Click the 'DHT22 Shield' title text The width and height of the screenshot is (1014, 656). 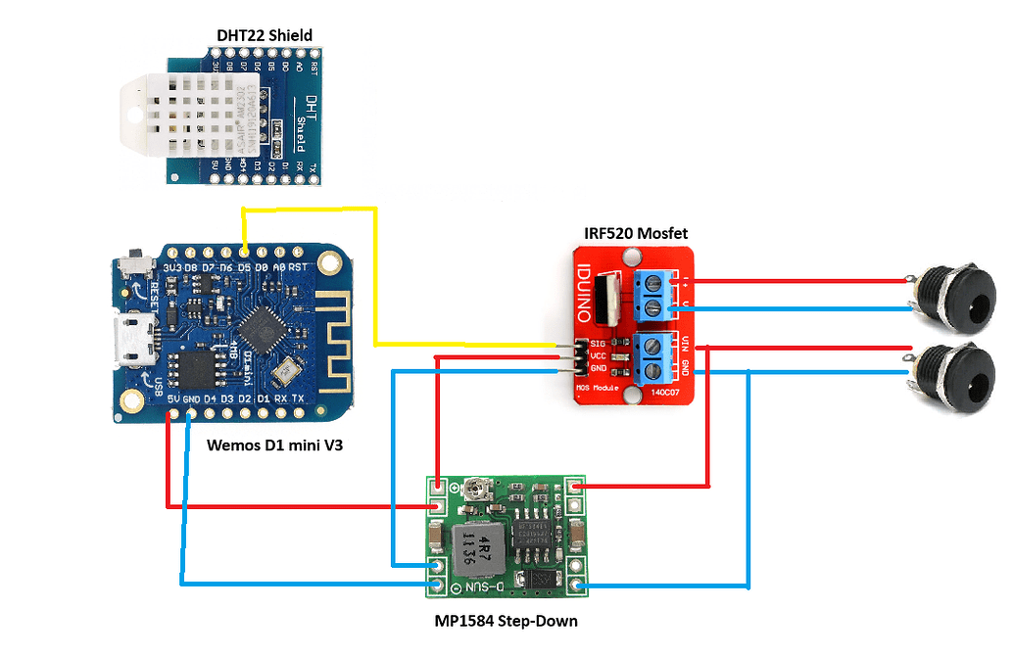pyautogui.click(x=264, y=36)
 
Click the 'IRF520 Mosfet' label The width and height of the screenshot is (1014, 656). pyautogui.click(x=636, y=233)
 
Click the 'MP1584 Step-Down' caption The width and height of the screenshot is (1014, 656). pyautogui.click(x=506, y=621)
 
